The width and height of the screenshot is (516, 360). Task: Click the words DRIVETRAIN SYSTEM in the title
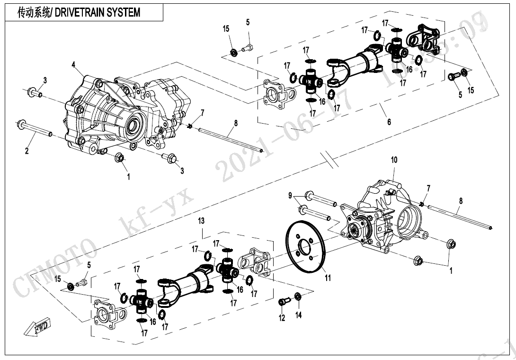(98, 13)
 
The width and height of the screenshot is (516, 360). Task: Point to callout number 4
(73, 64)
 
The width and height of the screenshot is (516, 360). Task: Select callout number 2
(27, 152)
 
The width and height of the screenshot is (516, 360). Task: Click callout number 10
(394, 161)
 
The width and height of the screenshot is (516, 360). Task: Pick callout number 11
(327, 279)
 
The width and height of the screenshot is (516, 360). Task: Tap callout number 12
(282, 318)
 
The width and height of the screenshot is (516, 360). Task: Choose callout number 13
(201, 221)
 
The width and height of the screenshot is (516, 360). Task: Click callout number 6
(389, 122)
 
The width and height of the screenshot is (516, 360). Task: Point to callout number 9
(291, 195)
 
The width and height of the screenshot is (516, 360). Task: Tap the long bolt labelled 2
(35, 128)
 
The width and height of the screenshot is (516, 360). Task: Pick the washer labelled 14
(298, 297)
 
